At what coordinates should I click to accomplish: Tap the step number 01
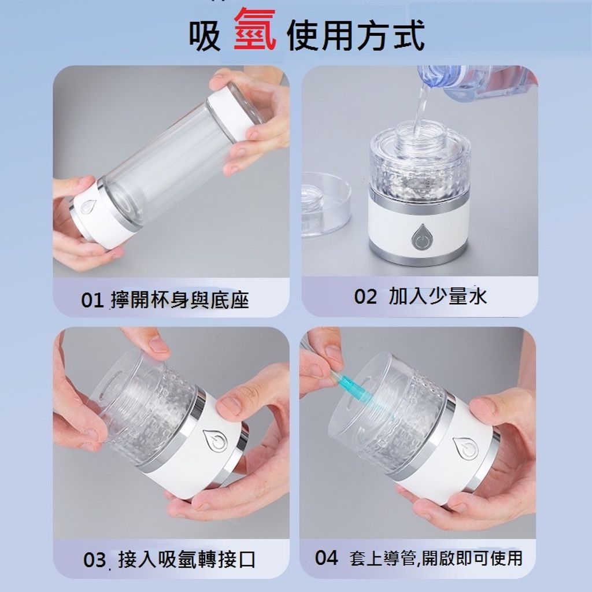(92, 301)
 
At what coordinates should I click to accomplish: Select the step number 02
(365, 297)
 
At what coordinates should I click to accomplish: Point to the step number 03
(94, 560)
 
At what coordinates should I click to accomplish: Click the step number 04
(327, 558)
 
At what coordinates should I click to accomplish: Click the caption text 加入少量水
(438, 297)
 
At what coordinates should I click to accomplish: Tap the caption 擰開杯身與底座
(180, 301)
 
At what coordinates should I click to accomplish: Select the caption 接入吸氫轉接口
(187, 560)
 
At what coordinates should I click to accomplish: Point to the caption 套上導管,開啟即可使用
(436, 558)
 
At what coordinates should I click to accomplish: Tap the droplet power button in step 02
(420, 237)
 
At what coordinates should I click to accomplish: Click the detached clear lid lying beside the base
(325, 204)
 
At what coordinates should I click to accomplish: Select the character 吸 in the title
(205, 35)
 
